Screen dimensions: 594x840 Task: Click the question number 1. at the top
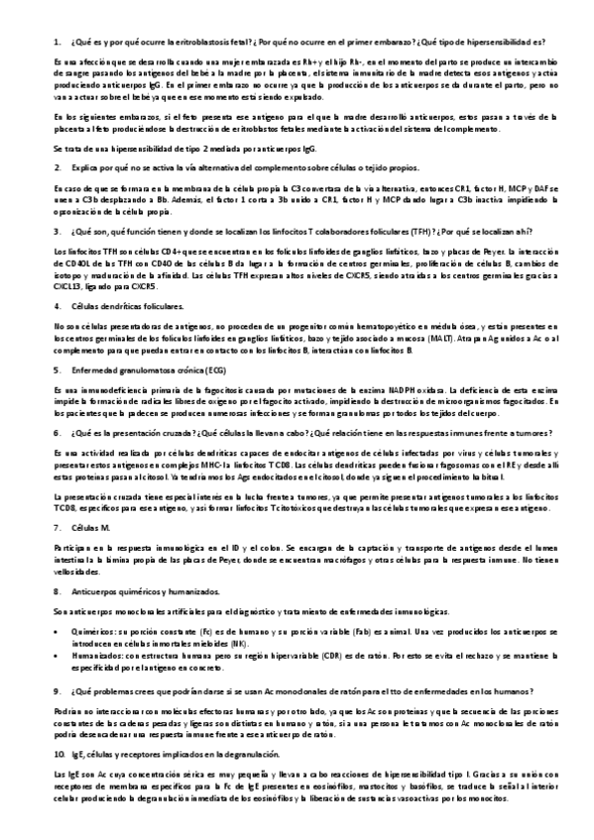coord(57,42)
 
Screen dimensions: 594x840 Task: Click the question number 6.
coord(58,434)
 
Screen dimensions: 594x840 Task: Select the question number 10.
coord(59,754)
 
